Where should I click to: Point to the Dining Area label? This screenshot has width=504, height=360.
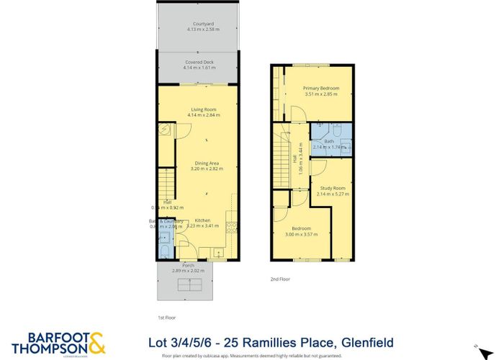pos(207,163)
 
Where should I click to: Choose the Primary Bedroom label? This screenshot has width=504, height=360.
pos(321,88)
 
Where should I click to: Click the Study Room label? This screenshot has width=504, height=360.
pos(333,189)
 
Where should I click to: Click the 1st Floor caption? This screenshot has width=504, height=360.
pos(167,317)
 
